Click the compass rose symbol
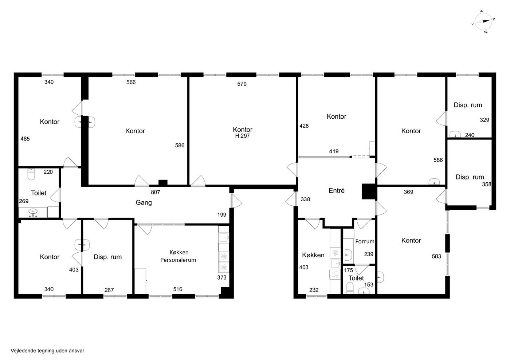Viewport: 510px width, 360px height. point(483,21)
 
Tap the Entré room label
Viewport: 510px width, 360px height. point(336,190)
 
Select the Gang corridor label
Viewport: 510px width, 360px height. point(144,202)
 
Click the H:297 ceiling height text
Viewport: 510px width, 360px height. point(242,136)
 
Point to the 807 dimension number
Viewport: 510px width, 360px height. point(155,192)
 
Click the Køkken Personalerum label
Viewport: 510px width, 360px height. point(178,256)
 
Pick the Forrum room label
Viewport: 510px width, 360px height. point(365,241)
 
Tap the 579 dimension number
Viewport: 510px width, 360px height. point(242,84)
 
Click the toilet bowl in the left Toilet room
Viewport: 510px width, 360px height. point(31,174)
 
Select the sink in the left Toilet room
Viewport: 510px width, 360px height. point(33,212)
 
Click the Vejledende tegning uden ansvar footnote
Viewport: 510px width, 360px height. point(47,351)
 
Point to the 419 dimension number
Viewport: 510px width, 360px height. point(334,151)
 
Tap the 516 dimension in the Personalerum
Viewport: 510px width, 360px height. point(178,289)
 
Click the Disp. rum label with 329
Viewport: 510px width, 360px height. point(468,105)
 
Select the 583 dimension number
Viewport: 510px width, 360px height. point(436,256)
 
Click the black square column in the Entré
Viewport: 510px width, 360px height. point(369,191)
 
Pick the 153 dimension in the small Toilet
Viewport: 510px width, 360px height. point(369,284)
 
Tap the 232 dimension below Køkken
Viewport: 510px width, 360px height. point(314,290)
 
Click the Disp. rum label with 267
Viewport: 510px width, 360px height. point(108,257)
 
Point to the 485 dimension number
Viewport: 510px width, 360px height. point(25,139)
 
